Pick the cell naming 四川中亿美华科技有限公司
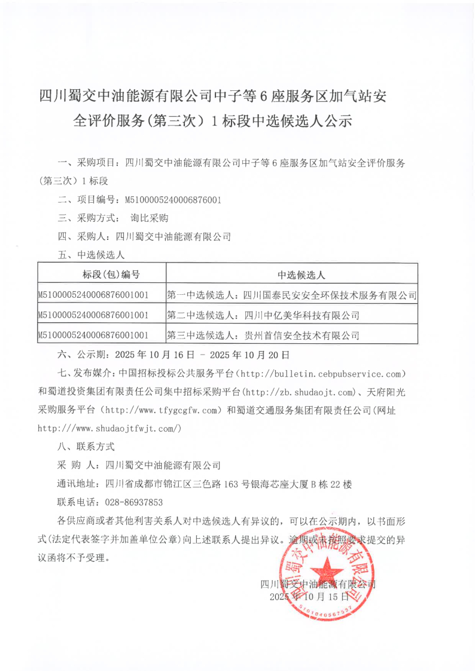tap(263, 314)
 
